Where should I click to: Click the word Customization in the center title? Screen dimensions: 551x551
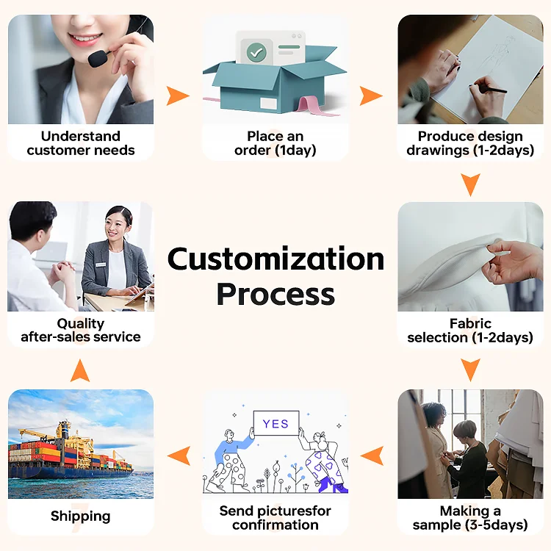(x=275, y=259)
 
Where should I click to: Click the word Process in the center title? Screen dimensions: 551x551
(x=275, y=295)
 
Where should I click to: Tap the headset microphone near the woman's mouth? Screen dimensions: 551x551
(x=96, y=55)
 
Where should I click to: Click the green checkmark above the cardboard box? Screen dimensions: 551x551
(x=256, y=52)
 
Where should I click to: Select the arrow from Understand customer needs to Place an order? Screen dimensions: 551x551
(x=177, y=96)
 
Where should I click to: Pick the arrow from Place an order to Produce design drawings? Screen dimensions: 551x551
(x=371, y=96)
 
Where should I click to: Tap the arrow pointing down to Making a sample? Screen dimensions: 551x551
(x=470, y=369)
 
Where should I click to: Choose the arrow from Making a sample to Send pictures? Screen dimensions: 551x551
(x=372, y=455)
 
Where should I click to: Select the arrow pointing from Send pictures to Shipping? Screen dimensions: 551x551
(x=179, y=455)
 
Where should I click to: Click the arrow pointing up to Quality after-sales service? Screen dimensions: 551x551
(x=80, y=370)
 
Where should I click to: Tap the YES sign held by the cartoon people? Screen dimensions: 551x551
(x=275, y=424)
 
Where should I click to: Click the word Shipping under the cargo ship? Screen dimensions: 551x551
(x=80, y=516)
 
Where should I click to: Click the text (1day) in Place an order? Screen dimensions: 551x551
(x=295, y=151)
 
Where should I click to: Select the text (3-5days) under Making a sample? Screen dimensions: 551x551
(x=497, y=525)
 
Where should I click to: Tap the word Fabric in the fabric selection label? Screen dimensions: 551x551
(x=470, y=324)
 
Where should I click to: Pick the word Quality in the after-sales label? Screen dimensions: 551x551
(x=80, y=323)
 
